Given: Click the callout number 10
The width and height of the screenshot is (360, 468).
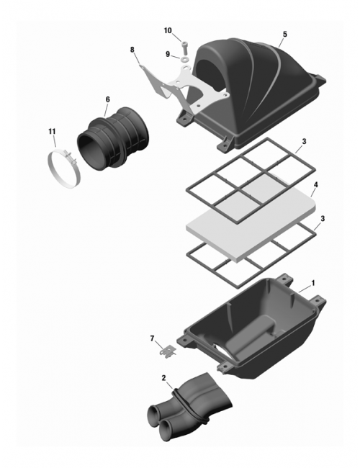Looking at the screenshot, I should pos(168,30).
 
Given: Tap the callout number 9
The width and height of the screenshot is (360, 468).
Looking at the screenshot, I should pos(168,54).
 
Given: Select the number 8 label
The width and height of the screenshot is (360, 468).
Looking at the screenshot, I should pos(132,49).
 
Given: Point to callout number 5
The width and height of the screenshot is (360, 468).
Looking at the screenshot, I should pos(284,34).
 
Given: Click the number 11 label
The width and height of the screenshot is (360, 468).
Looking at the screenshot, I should pos(51,131).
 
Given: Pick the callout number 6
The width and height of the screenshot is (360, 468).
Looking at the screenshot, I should pos(107,99).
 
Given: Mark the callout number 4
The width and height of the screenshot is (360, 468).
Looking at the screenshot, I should pos(315,185).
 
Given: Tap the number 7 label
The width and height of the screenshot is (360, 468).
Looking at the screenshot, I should pos(152,338).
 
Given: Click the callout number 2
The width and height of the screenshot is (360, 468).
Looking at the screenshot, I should pos(164,378).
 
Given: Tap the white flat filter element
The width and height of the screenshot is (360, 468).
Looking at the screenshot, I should pos(252,216).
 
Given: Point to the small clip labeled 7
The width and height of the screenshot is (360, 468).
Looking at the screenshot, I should pos(168,351).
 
